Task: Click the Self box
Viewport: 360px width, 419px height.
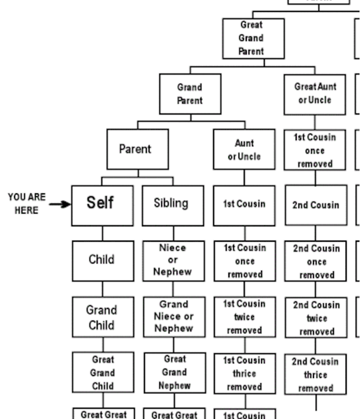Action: pos(102,205)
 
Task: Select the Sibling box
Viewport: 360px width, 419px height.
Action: pos(173,205)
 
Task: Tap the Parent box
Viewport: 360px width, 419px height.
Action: pos(137,149)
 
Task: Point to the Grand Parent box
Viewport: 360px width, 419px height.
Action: pos(190,94)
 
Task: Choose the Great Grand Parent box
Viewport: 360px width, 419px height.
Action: pos(253,38)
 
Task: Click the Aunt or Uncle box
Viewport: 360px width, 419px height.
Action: pos(244,149)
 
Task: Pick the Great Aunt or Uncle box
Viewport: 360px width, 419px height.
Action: pos(315,93)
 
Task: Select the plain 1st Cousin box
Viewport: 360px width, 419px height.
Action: pos(244,205)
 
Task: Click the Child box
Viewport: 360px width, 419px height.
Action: pos(102,260)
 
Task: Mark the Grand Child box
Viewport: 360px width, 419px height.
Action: pos(102,317)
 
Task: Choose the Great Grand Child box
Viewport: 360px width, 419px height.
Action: pos(102,373)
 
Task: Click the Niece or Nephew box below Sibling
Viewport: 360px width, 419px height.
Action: pos(173,260)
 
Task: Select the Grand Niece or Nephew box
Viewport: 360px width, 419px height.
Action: pos(173,316)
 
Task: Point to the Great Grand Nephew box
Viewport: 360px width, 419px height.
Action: pos(173,373)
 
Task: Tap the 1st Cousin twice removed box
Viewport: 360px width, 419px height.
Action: pos(244,317)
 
